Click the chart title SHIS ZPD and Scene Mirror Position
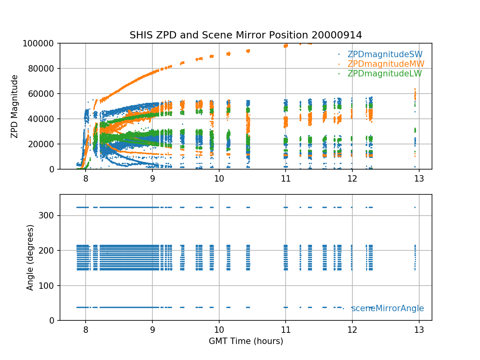[x=246, y=35]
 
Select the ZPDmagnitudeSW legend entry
[x=385, y=54]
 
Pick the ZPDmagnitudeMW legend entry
[x=386, y=64]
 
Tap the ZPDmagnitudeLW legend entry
[x=384, y=74]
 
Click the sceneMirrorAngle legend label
[x=388, y=308]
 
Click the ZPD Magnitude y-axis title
[x=14, y=106]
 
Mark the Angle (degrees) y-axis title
[x=30, y=257]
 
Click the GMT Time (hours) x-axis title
[x=246, y=341]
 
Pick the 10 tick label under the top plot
[x=219, y=178]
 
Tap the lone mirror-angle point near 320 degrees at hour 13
[x=415, y=207]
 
